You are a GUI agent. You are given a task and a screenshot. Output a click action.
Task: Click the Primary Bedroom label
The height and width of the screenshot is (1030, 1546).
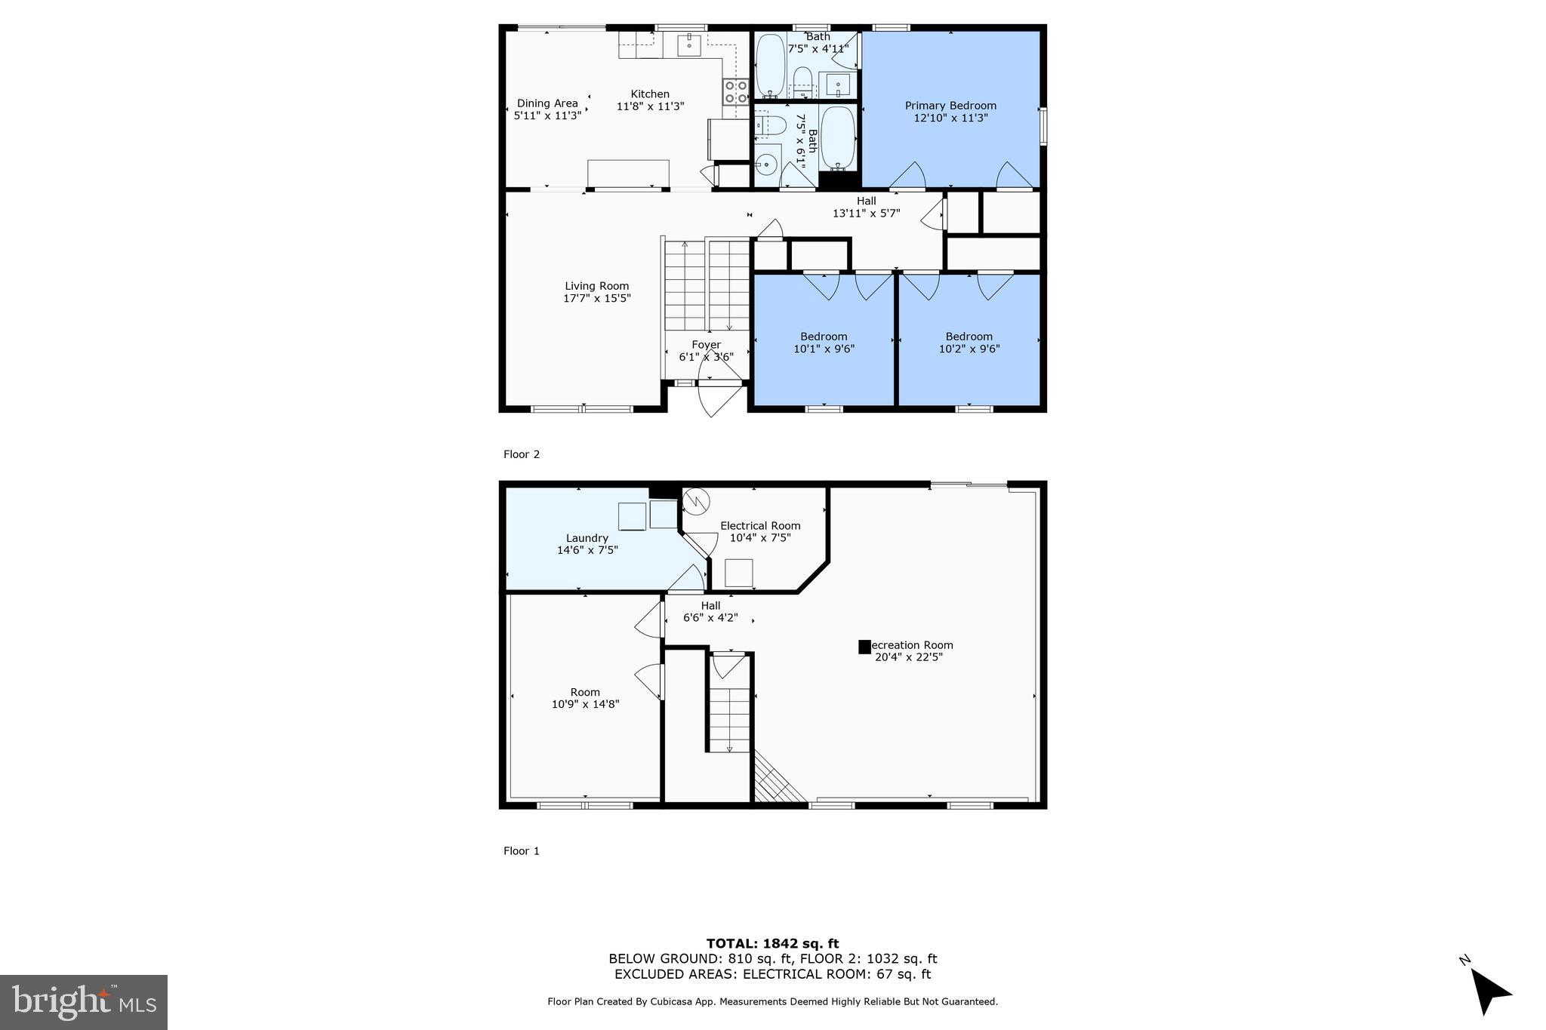coord(950,106)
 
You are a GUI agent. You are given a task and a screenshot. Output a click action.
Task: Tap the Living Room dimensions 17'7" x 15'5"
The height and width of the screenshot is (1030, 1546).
coord(596,298)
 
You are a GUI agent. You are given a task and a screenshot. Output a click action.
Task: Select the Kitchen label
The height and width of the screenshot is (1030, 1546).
coord(650,94)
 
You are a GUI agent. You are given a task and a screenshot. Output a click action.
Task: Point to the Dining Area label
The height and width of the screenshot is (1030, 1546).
coord(547,103)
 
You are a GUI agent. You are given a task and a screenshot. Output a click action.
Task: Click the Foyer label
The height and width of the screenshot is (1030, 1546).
coord(706,345)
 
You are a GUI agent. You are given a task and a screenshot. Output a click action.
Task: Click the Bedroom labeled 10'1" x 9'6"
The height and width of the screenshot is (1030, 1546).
coord(824,342)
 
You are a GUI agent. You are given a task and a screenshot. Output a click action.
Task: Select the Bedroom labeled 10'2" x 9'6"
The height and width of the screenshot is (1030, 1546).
coord(969,342)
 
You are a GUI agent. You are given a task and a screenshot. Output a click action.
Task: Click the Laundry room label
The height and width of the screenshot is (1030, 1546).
coord(587,538)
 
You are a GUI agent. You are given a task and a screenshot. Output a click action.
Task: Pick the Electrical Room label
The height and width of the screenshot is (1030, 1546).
coord(760,526)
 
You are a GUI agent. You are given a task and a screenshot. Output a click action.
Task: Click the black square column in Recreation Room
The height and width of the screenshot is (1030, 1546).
coord(864,647)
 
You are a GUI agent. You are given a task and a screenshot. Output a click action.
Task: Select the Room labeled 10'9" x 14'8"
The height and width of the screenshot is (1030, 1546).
coord(585,697)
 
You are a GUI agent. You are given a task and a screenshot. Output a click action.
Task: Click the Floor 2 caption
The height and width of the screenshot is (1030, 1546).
coord(522,454)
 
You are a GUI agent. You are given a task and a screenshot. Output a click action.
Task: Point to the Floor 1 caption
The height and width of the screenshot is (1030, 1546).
coord(522,850)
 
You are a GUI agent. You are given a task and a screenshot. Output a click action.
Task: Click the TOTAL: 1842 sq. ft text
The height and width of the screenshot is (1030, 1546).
coord(772,943)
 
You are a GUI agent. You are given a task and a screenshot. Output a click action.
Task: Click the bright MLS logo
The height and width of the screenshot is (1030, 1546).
coord(84,1002)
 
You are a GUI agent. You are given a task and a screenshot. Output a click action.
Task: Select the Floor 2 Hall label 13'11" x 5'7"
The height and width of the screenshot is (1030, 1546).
coord(866,207)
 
